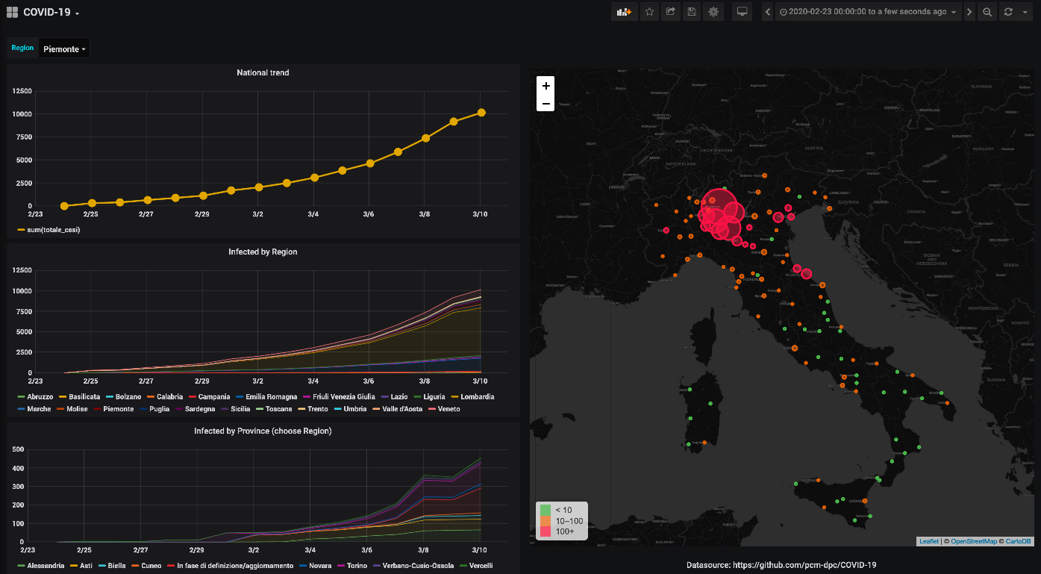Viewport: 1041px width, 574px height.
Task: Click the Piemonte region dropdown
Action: (64, 49)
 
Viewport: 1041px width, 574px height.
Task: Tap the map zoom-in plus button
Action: (545, 86)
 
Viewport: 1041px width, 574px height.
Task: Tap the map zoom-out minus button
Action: (545, 103)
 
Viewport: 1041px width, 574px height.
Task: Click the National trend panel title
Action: (263, 73)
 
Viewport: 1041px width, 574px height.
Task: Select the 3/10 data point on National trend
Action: (481, 113)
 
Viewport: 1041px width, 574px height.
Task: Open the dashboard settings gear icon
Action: (713, 12)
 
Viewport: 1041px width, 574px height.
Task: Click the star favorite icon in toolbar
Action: (649, 12)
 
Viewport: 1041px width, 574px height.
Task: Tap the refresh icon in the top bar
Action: (1008, 12)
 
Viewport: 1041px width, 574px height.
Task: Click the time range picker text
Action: (867, 12)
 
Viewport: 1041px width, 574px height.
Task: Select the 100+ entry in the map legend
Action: (564, 531)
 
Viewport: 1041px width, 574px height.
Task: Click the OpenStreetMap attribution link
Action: (973, 541)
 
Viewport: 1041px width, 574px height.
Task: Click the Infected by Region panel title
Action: (263, 252)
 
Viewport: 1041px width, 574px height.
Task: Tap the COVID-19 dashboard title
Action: (48, 12)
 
